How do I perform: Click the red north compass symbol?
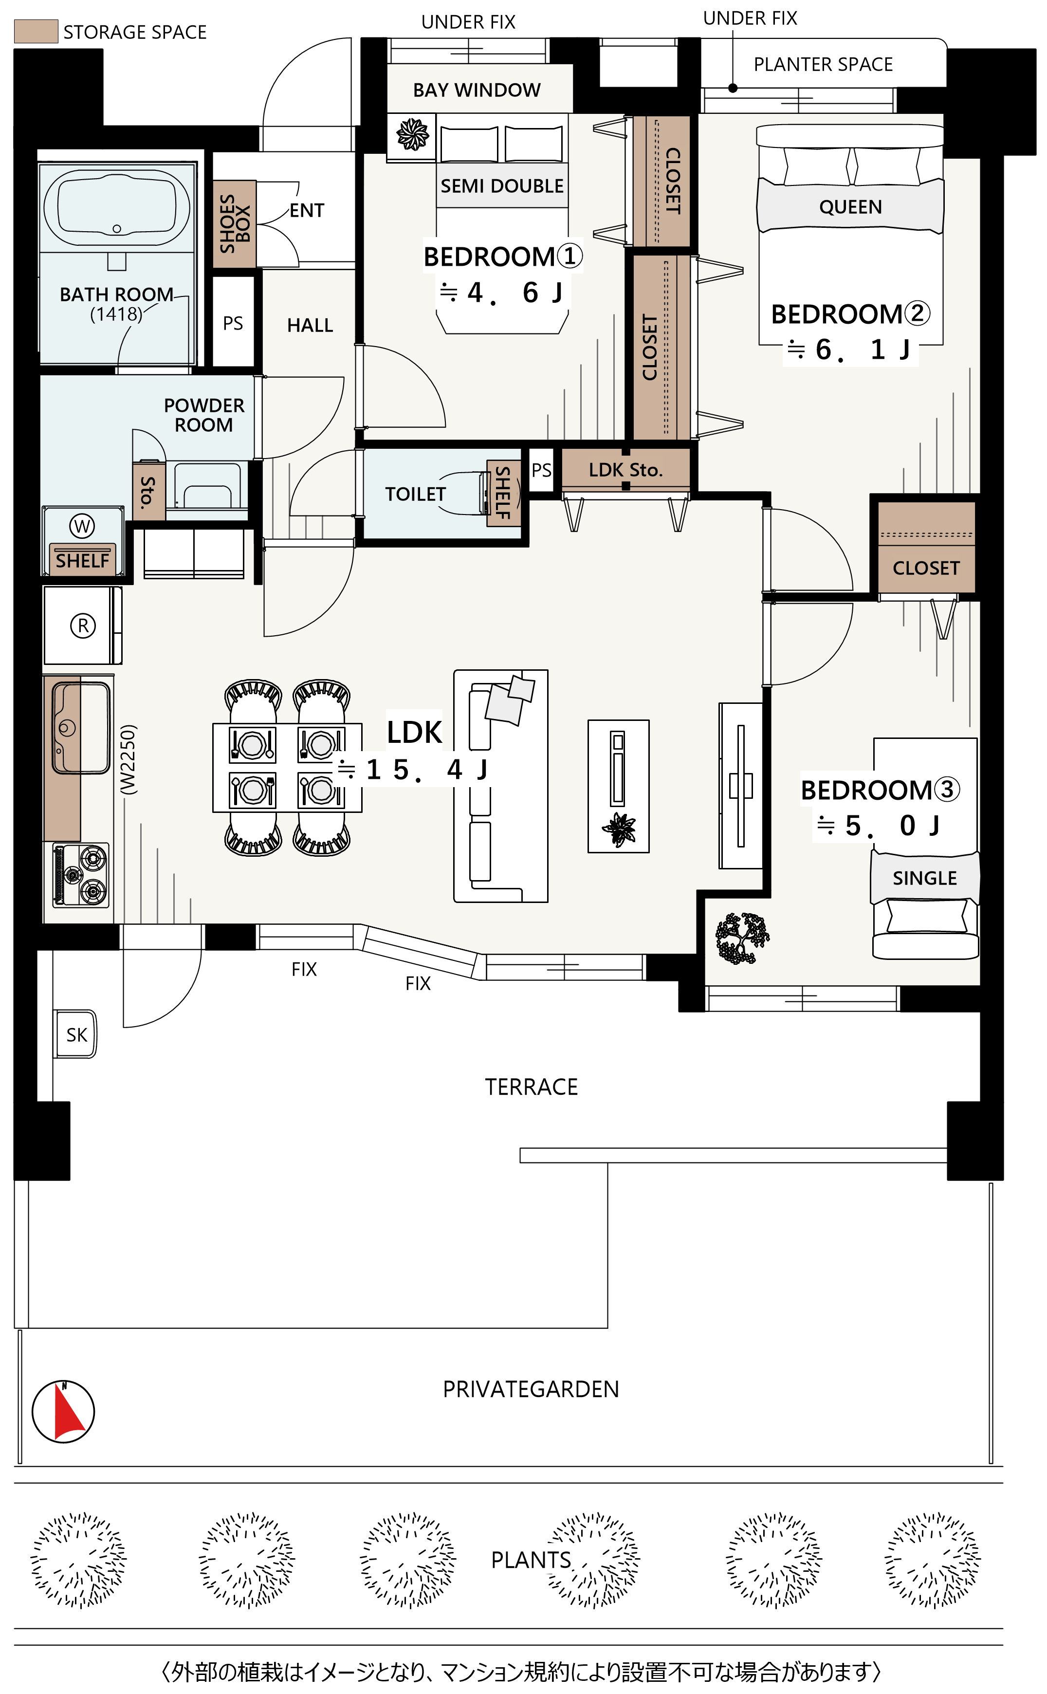tap(64, 1412)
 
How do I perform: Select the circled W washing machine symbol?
tap(82, 526)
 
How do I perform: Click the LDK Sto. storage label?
tap(626, 470)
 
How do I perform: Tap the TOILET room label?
tap(416, 494)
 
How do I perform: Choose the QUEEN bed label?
tap(850, 207)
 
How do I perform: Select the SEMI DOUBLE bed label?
tap(502, 186)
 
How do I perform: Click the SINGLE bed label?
tap(924, 878)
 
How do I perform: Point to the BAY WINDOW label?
tap(477, 90)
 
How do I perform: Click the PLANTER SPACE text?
tap(823, 64)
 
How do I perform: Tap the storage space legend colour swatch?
tap(36, 32)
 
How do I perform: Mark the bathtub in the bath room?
tap(117, 208)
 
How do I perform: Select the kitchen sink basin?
tap(81, 728)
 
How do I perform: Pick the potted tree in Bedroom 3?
tap(742, 938)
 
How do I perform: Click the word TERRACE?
tap(531, 1087)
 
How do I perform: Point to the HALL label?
tap(310, 325)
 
